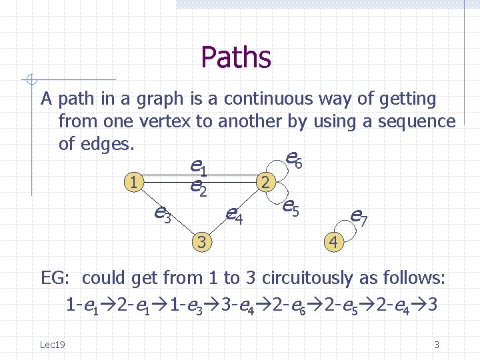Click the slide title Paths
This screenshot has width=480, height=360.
pos(235,57)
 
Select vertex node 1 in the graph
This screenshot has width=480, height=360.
pos(135,181)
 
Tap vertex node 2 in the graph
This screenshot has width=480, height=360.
pos(266,181)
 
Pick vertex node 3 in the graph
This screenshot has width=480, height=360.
pos(201,241)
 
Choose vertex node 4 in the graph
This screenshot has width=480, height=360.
pos(333,241)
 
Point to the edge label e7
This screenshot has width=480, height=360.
pos(359,215)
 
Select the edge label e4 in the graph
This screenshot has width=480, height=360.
pos(233,214)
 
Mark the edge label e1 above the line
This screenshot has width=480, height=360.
pos(198,165)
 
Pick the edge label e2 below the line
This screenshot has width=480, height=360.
pos(198,187)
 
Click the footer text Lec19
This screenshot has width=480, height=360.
pos(51,344)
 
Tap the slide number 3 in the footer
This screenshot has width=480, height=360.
pos(437,345)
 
